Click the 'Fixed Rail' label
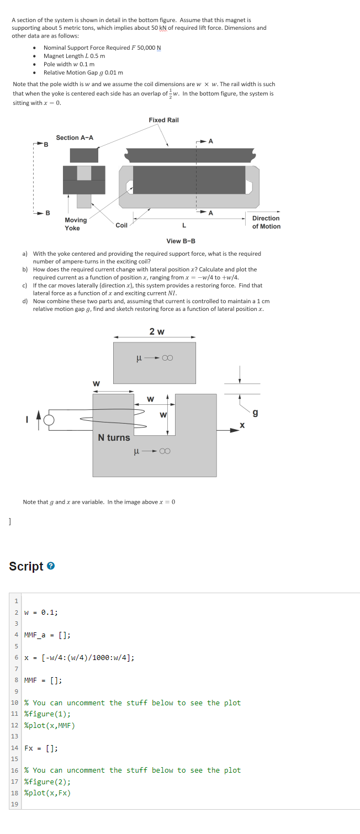point(163,120)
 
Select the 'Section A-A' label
point(75,138)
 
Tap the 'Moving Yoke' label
point(76,224)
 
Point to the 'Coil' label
point(121,225)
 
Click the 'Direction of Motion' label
point(266,222)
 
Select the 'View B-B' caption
point(181,241)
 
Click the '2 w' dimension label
point(156,331)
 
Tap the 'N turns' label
point(114,437)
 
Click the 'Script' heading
point(26,566)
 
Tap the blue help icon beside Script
point(50,567)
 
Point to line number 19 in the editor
point(15,804)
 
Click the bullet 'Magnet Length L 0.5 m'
point(75,56)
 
